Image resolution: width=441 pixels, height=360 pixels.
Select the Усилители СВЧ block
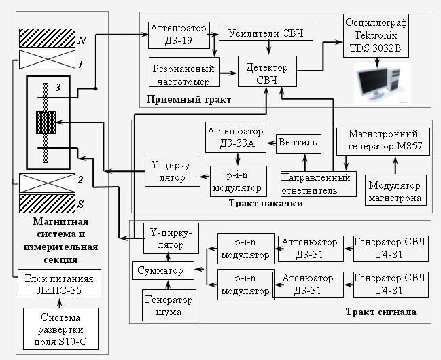click(266, 34)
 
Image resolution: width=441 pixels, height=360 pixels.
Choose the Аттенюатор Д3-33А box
click(236, 138)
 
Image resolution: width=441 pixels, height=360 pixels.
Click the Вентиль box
click(297, 144)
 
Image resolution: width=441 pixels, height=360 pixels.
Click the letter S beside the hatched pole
click(82, 203)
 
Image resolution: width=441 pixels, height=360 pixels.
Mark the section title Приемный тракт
click(188, 101)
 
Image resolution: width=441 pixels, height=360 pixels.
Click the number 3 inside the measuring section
click(58, 87)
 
